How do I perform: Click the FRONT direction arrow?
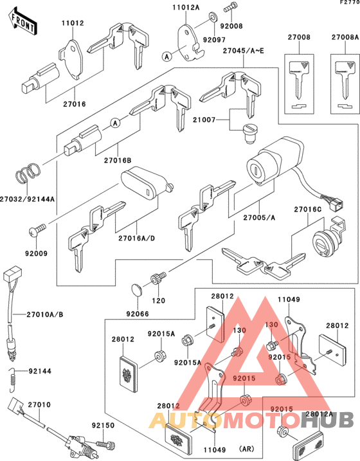21,24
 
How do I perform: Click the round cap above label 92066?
139,290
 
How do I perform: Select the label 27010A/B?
46,314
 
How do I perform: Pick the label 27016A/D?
136,239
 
